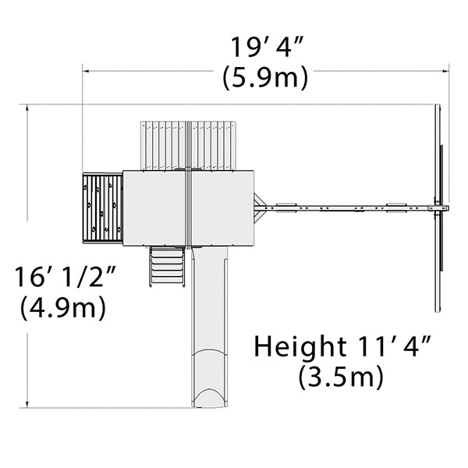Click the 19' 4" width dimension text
click(x=267, y=47)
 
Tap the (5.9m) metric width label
click(x=265, y=76)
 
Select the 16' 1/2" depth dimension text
click(x=66, y=277)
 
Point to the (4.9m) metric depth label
click(x=63, y=307)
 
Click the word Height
click(x=300, y=346)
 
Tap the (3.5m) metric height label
click(x=341, y=377)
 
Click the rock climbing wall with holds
click(x=102, y=208)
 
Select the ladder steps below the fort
click(x=167, y=266)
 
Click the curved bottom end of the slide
click(x=210, y=397)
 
